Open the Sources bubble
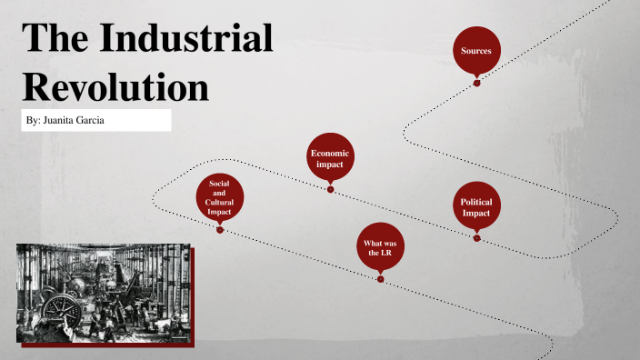click(476, 52)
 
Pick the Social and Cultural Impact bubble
click(219, 198)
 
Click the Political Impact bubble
click(476, 207)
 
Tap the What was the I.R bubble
click(380, 248)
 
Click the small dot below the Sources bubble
click(476, 83)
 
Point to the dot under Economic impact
click(330, 189)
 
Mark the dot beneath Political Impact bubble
click(476, 238)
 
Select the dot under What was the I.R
click(380, 279)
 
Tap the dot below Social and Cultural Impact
click(219, 230)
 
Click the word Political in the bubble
click(476, 202)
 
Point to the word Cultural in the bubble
click(219, 203)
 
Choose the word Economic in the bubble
click(330, 154)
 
